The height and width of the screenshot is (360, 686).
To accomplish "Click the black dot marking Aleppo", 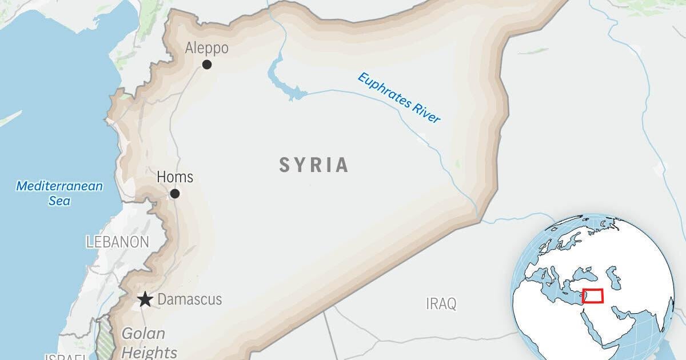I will [x=207, y=65].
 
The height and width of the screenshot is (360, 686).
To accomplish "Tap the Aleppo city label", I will [x=206, y=48].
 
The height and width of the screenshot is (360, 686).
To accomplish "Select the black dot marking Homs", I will [x=175, y=194].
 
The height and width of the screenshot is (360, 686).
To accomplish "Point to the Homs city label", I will [x=175, y=177].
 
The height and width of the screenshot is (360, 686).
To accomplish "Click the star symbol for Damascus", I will [x=145, y=299].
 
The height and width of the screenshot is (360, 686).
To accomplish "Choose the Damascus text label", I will [x=189, y=299].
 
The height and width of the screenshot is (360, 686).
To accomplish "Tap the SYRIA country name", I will [x=314, y=165].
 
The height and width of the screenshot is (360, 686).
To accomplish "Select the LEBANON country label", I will [x=117, y=242].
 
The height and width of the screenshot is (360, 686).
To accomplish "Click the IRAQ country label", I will [x=441, y=304].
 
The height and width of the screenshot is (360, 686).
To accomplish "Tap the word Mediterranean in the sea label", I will [x=59, y=186].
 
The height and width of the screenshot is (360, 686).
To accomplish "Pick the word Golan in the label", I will [x=143, y=334].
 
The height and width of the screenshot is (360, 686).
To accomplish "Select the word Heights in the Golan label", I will [x=149, y=351].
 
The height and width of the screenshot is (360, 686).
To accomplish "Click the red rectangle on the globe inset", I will [x=593, y=296].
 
